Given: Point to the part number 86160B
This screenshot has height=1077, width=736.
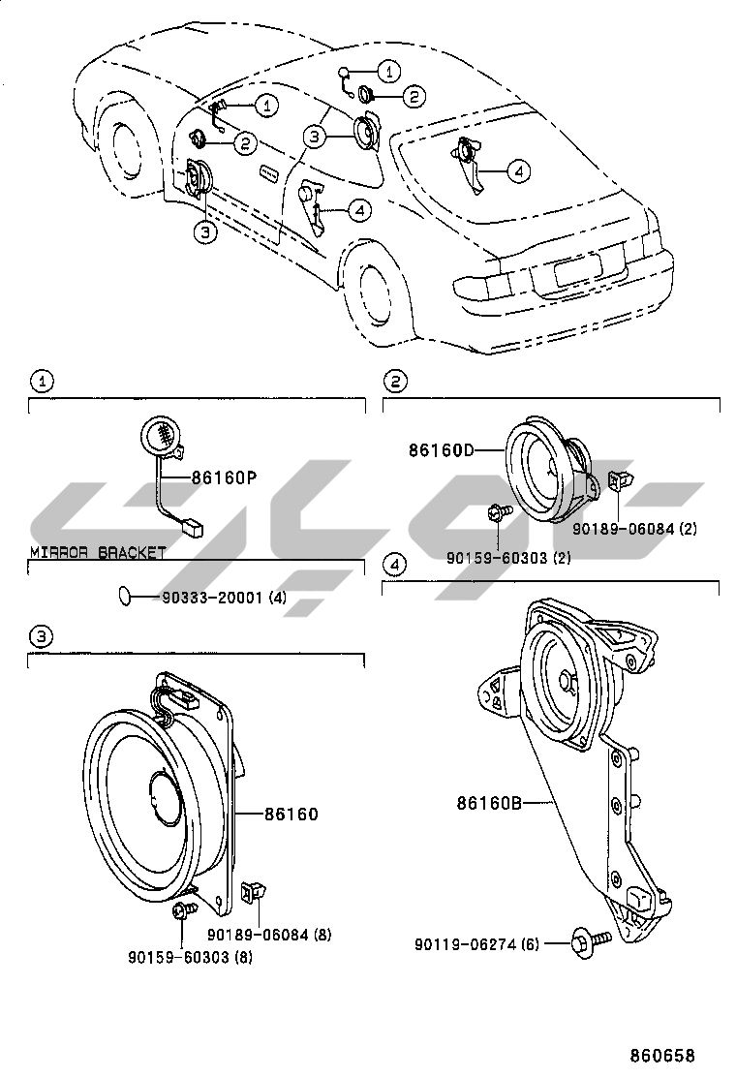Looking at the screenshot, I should [489, 803].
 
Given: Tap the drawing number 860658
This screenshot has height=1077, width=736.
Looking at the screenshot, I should [662, 1056].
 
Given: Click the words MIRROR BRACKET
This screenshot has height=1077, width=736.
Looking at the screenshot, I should [98, 552].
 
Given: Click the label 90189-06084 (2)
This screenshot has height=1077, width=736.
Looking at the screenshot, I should [634, 529].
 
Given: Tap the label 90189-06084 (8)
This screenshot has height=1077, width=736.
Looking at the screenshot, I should [269, 935].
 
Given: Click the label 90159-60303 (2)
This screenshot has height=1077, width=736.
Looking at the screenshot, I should [508, 559].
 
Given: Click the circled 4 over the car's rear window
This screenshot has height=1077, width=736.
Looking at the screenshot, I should [518, 171].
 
